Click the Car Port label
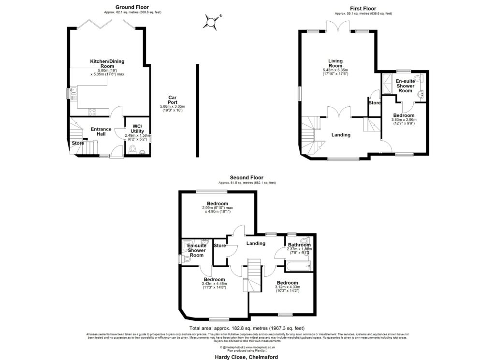[172, 100]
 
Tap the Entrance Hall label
[101, 132]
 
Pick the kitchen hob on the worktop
[92, 112]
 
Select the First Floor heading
[364, 8]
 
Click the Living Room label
[335, 63]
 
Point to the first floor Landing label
[341, 135]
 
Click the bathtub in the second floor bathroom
[296, 264]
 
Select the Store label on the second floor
[219, 245]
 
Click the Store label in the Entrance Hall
[78, 143]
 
